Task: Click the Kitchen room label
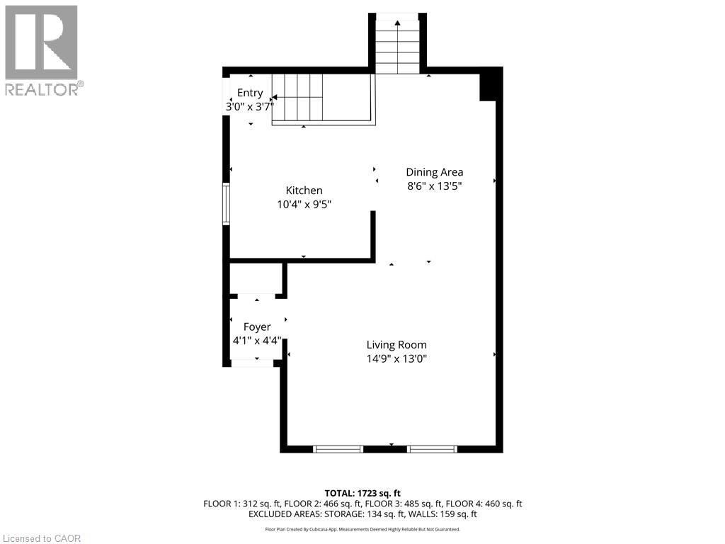click(304, 190)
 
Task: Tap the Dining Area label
click(434, 172)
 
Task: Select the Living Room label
click(396, 345)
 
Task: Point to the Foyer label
click(256, 327)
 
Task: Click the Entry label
click(250, 93)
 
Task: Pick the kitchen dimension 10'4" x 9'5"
click(304, 204)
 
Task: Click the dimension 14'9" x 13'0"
click(396, 358)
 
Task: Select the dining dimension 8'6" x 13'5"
click(434, 186)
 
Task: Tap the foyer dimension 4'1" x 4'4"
click(256, 341)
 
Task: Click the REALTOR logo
click(43, 50)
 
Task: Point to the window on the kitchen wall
click(226, 204)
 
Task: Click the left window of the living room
click(338, 448)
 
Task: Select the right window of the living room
click(433, 448)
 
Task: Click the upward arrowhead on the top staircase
click(398, 22)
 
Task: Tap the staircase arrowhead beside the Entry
click(275, 97)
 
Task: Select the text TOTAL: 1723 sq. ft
click(362, 493)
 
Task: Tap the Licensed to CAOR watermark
click(42, 538)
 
